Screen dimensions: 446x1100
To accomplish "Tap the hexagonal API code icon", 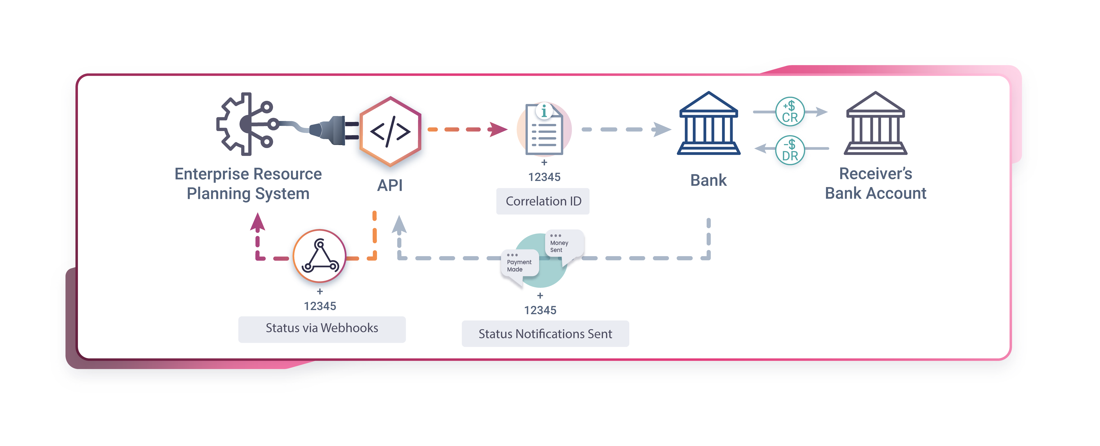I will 390,132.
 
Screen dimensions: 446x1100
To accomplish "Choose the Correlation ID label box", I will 543,201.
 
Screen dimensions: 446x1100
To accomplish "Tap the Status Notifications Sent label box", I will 545,334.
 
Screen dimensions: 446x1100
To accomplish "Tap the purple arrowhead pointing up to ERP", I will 257,222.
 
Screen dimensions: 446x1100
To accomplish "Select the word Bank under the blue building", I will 708,180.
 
